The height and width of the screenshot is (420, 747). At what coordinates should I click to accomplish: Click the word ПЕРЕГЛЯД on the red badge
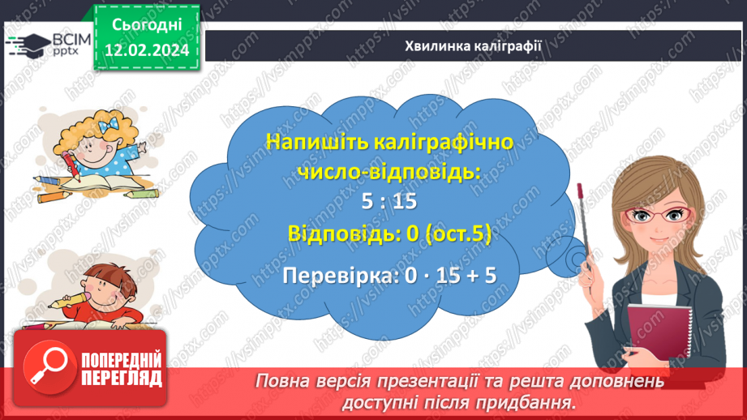(x=122, y=378)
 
